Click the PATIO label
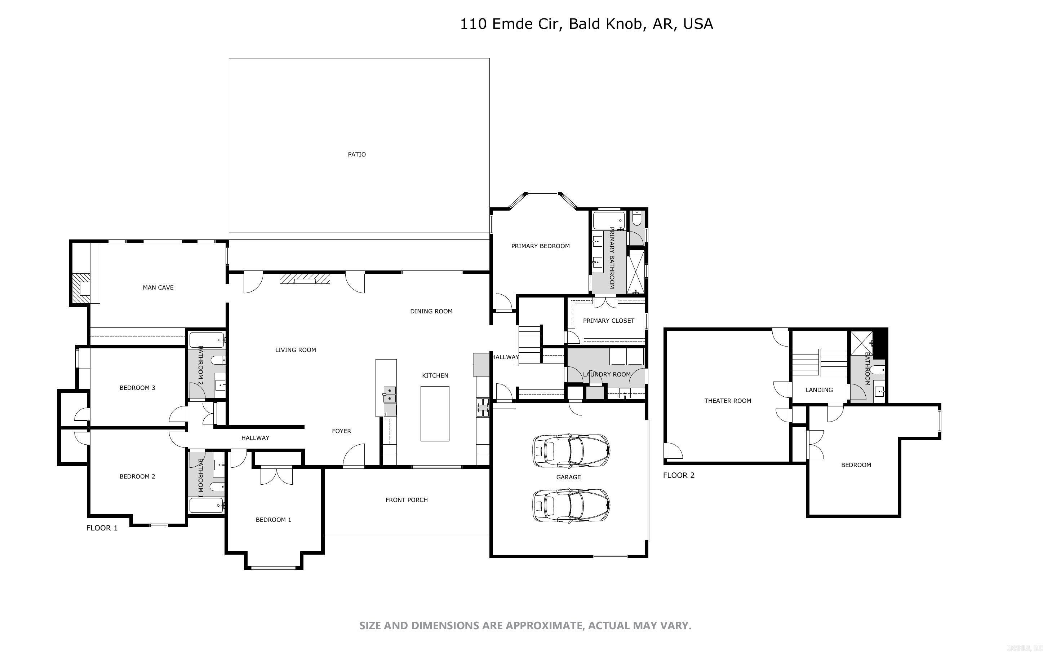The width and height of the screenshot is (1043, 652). (x=357, y=154)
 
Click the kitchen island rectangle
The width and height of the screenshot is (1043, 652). (x=435, y=414)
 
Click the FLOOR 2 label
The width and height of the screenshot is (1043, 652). (x=679, y=475)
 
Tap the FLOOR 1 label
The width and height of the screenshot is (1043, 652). (x=102, y=528)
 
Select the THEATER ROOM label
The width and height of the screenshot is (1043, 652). (x=728, y=401)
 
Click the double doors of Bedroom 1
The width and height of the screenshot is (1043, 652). (x=276, y=476)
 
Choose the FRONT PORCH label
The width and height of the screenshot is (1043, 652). (x=406, y=500)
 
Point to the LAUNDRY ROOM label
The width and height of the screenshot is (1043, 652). (x=607, y=374)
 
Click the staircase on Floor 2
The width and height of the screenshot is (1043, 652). (x=820, y=363)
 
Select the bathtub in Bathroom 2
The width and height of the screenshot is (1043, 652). (x=207, y=340)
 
